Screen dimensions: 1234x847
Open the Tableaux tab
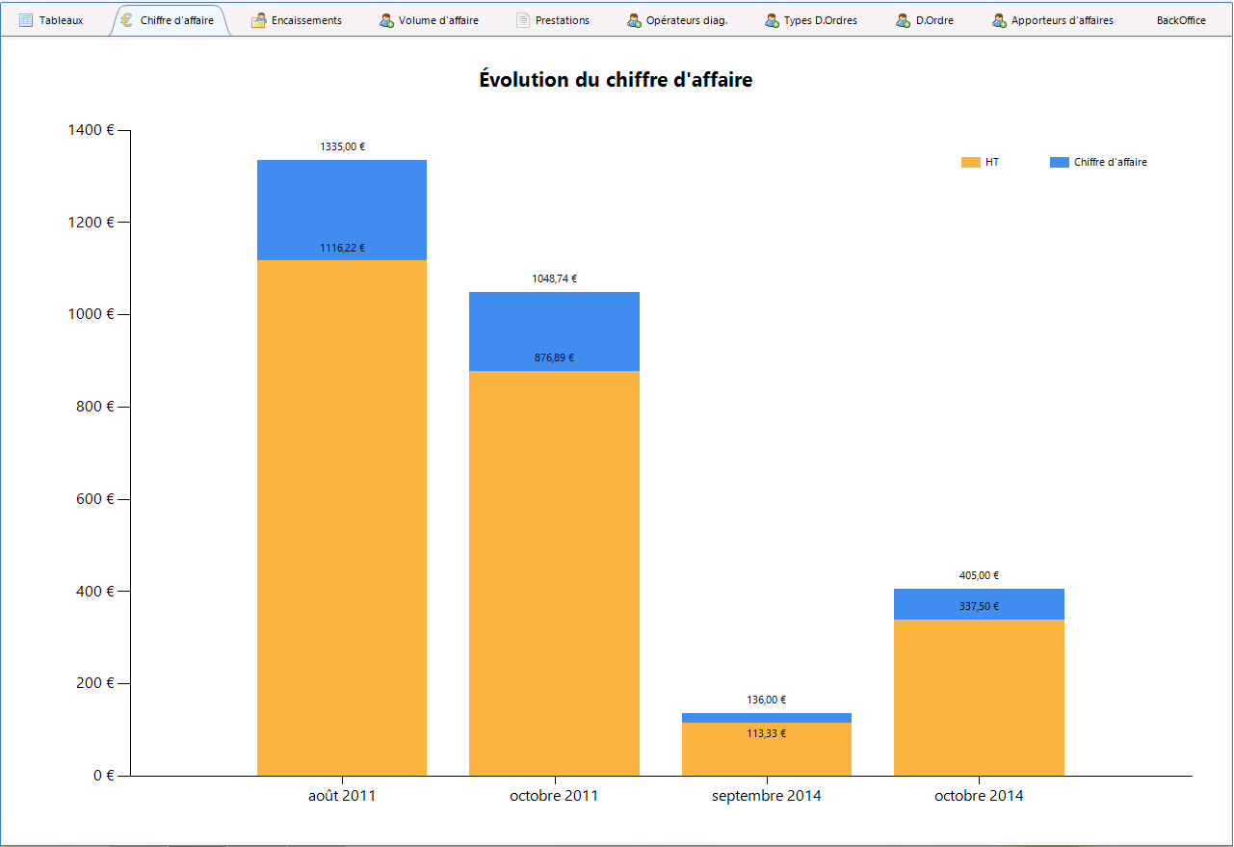point(51,20)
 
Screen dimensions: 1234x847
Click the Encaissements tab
point(297,20)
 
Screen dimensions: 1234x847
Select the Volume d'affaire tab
point(429,20)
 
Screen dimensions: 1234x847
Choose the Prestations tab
point(553,20)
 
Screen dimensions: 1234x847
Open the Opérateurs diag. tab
point(677,20)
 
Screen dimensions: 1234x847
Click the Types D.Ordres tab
point(811,20)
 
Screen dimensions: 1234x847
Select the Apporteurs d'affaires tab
point(1053,20)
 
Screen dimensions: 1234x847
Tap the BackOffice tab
point(1181,20)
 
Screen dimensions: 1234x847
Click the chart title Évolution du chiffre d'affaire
point(616,80)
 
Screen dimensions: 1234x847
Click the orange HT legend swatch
point(971,162)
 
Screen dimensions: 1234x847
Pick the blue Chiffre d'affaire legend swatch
point(1060,162)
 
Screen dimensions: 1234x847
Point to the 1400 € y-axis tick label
point(91,130)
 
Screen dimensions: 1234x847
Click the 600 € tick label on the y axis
point(94,499)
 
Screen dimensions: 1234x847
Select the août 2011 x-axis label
point(342,796)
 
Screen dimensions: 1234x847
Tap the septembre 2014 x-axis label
point(766,796)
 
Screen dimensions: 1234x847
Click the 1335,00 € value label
point(342,146)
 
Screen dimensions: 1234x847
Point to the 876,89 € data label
point(554,357)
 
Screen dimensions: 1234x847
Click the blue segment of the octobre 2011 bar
point(554,331)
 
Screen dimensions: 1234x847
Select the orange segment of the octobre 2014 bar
point(979,698)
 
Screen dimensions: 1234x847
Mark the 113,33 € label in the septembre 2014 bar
point(766,733)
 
